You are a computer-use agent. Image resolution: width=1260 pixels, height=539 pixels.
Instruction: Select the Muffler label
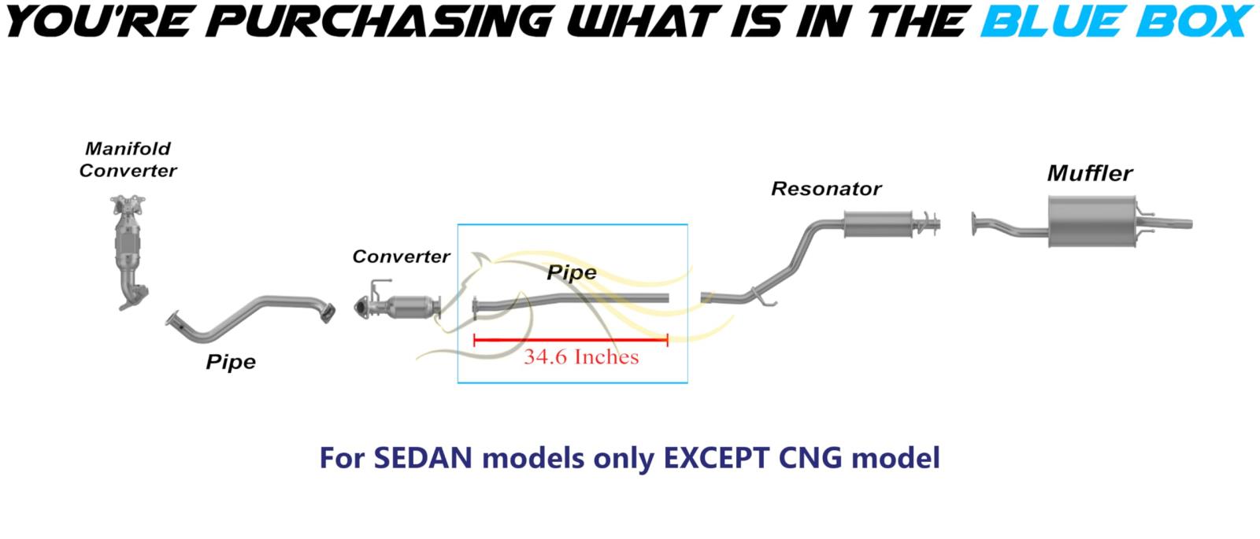point(1090,173)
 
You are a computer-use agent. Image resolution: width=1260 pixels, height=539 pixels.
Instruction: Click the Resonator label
point(826,189)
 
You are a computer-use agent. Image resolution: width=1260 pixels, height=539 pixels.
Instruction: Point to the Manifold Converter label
point(128,160)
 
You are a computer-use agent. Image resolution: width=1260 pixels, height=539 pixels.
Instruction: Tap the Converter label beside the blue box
point(401,257)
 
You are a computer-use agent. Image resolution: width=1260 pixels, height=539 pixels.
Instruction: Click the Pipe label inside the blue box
point(572,272)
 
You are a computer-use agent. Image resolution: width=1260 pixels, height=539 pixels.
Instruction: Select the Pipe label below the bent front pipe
point(231,362)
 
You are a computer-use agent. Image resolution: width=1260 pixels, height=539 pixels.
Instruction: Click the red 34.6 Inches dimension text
point(581,357)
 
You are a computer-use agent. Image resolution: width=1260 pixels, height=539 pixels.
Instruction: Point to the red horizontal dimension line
point(570,339)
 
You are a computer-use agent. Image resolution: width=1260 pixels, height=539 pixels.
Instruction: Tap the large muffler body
point(1091,221)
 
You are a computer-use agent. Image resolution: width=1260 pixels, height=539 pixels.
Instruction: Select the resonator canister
point(877,224)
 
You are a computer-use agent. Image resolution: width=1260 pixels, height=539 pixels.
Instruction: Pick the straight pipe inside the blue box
point(570,301)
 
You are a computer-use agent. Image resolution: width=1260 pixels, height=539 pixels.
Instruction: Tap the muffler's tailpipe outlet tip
point(1190,224)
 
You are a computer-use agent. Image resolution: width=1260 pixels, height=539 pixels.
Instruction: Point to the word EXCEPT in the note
point(716,458)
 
